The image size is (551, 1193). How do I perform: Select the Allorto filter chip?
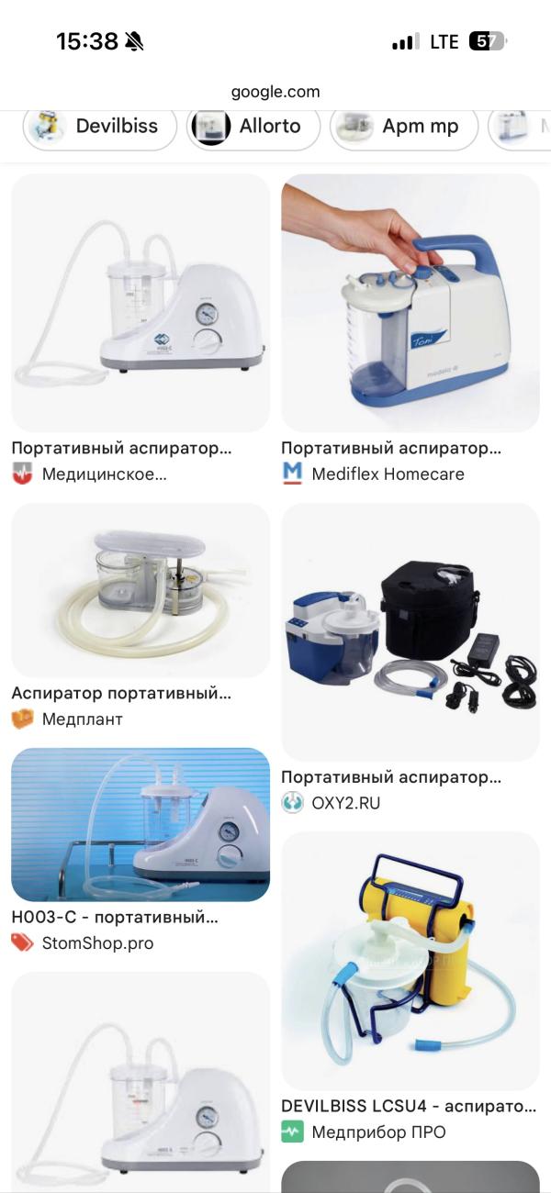[x=253, y=127]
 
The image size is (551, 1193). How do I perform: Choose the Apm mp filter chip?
[x=404, y=127]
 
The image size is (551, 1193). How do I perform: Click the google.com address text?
[x=275, y=92]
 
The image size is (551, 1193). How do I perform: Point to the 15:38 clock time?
[x=87, y=41]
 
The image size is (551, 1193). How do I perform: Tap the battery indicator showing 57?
[x=487, y=41]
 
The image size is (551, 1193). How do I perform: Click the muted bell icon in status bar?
[x=134, y=41]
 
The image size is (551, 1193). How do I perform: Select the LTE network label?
[x=444, y=41]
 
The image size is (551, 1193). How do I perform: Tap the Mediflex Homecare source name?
[x=388, y=474]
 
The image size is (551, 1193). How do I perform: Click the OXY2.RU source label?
[x=345, y=803]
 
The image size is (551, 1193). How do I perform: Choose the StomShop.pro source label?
[x=97, y=942]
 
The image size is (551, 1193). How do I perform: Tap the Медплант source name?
[x=82, y=719]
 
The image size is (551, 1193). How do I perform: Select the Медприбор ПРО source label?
[x=378, y=1132]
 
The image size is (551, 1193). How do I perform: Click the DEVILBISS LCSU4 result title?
[x=408, y=1106]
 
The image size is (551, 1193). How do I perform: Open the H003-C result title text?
[x=115, y=917]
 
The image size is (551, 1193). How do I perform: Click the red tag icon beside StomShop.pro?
[x=22, y=942]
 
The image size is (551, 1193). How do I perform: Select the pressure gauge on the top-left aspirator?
[x=207, y=314]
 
